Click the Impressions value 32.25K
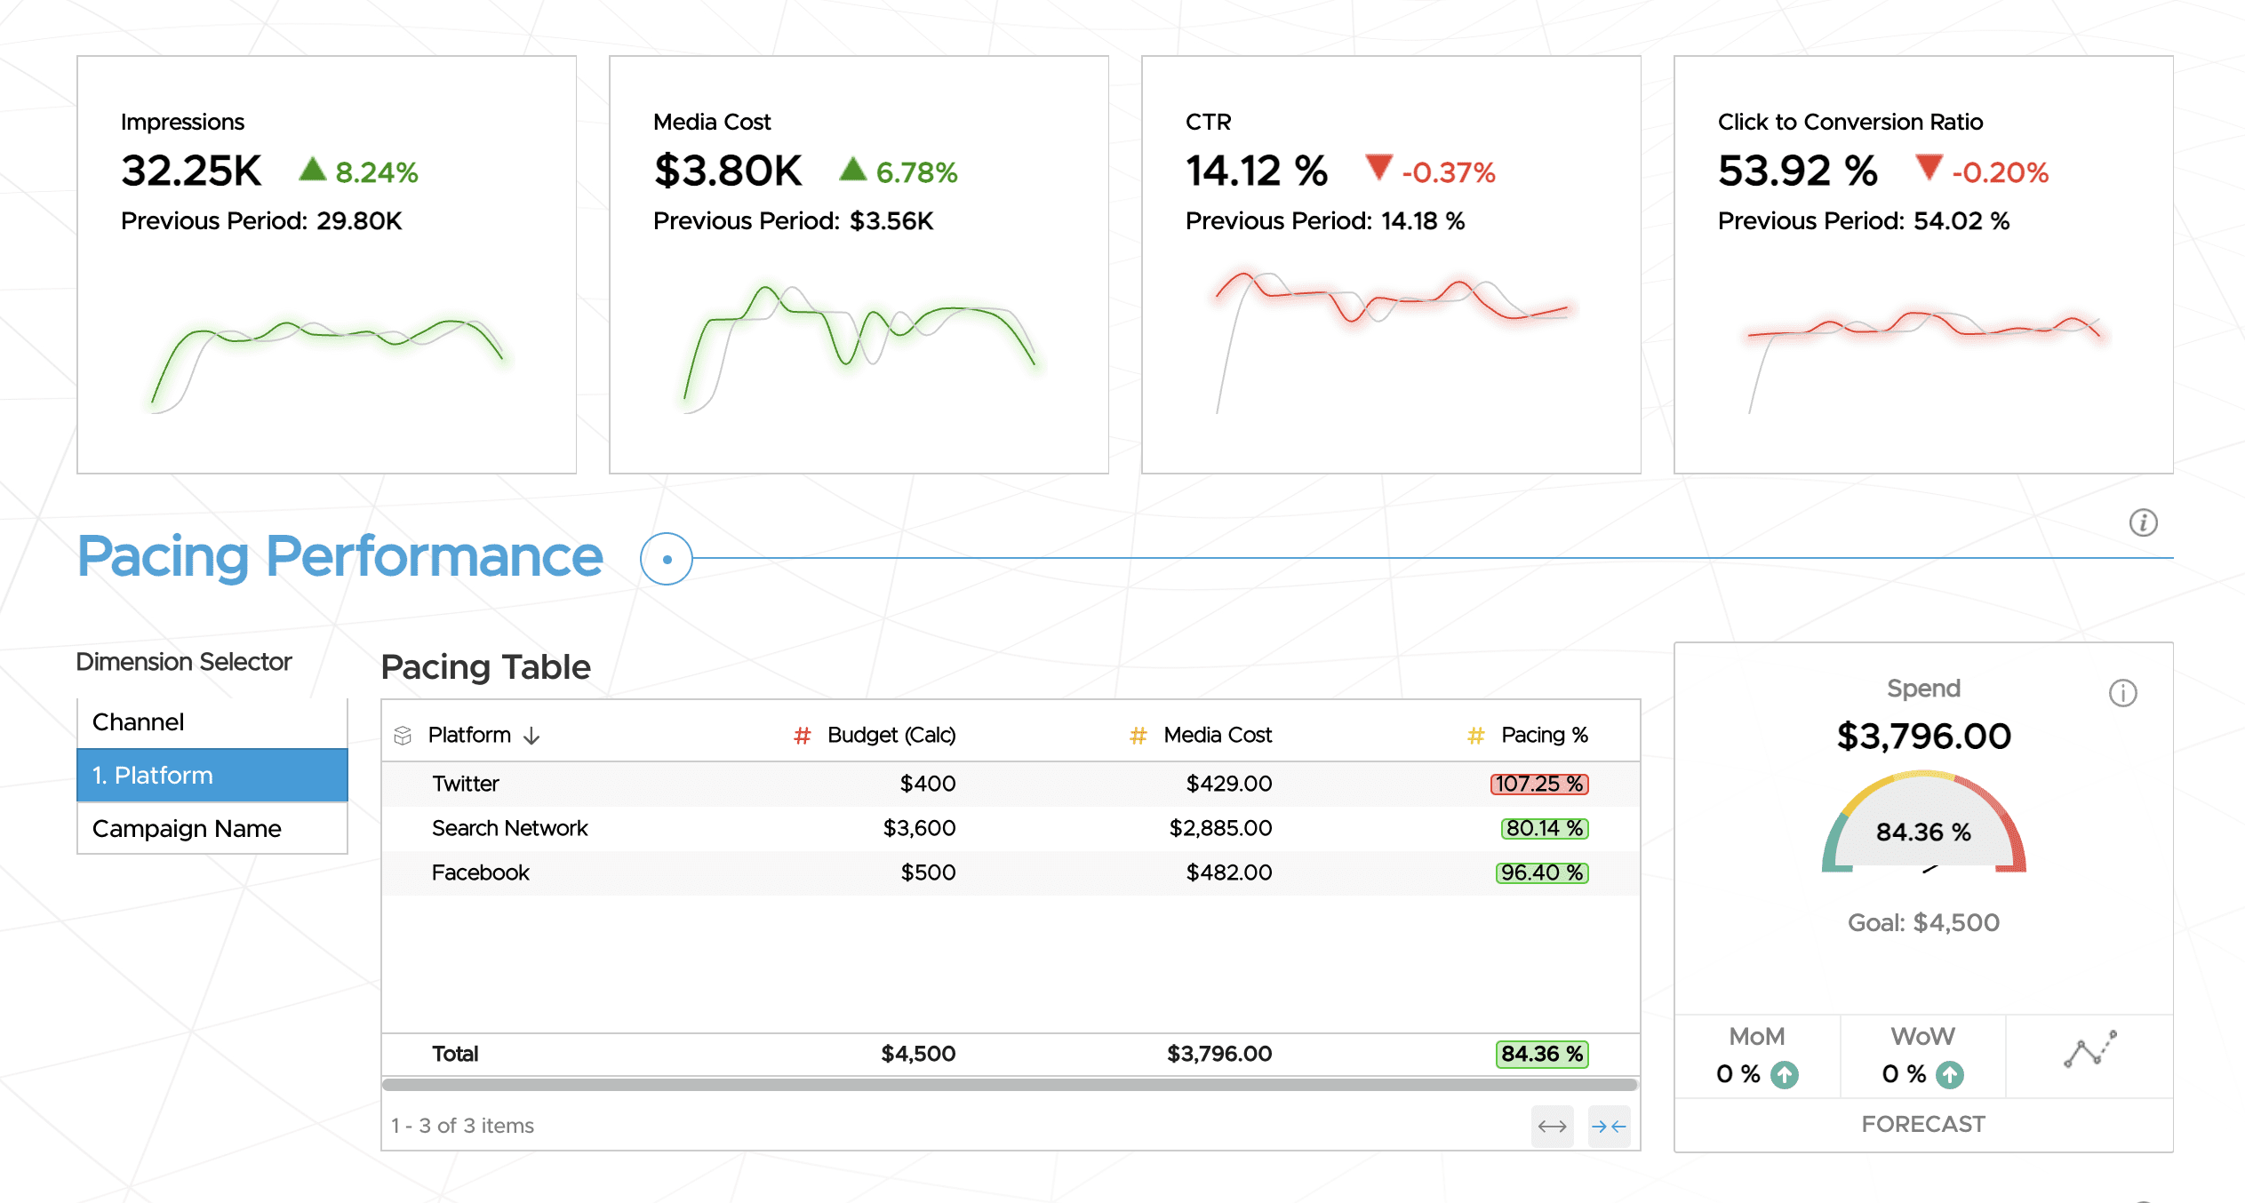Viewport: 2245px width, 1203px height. (x=191, y=171)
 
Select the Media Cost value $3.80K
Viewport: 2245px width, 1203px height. (x=727, y=171)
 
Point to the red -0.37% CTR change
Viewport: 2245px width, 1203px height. (x=1447, y=172)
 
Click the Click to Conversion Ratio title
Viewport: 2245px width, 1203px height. (x=1850, y=122)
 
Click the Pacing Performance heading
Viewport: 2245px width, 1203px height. (x=340, y=557)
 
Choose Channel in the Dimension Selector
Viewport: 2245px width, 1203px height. (x=139, y=721)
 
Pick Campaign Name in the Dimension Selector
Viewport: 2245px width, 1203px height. (x=187, y=828)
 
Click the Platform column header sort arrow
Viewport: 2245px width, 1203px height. (x=531, y=736)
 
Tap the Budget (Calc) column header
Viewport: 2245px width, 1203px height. (x=891, y=735)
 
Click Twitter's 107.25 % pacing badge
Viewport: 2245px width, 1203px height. (x=1538, y=784)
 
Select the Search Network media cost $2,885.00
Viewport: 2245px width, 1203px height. (x=1219, y=828)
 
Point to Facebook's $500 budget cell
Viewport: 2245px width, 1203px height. (x=928, y=872)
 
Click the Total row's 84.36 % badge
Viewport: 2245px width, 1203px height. (x=1541, y=1054)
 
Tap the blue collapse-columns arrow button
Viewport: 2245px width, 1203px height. (x=1608, y=1127)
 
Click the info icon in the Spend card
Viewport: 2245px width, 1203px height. (x=2122, y=693)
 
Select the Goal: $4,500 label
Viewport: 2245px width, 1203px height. (x=1922, y=922)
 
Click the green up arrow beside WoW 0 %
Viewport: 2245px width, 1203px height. (x=1950, y=1075)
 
